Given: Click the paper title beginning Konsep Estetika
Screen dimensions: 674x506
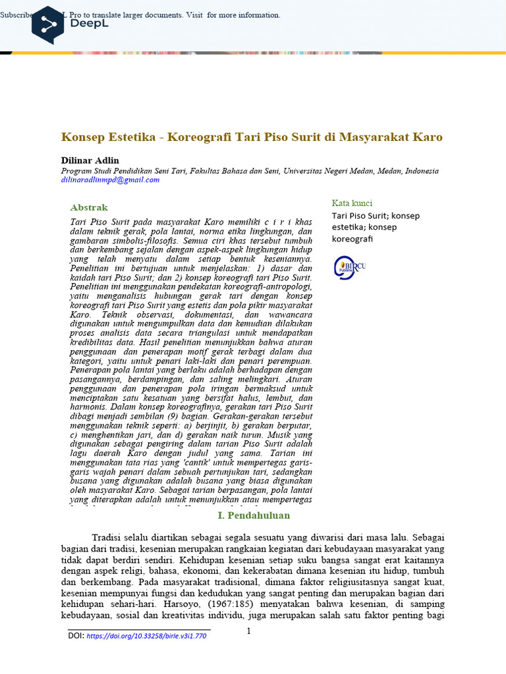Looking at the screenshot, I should (x=252, y=137).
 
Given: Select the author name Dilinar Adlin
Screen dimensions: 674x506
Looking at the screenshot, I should (x=90, y=161).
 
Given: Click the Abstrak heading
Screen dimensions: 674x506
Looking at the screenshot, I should (x=89, y=207).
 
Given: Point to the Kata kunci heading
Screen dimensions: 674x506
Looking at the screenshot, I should (x=352, y=203).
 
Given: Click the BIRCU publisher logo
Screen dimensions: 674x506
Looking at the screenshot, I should (x=349, y=267).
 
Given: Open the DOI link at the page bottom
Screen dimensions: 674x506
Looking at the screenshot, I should (x=146, y=636).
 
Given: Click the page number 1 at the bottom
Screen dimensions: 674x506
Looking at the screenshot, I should (x=249, y=632).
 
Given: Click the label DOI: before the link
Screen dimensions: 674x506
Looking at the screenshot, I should (x=76, y=636).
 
